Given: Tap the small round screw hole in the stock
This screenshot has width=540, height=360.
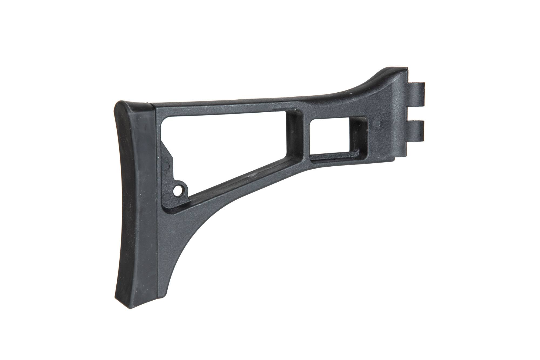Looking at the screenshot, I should [178, 191].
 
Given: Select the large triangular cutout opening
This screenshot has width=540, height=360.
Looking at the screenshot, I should [216, 146].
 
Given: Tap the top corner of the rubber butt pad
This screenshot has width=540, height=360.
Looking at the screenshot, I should [127, 104].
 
